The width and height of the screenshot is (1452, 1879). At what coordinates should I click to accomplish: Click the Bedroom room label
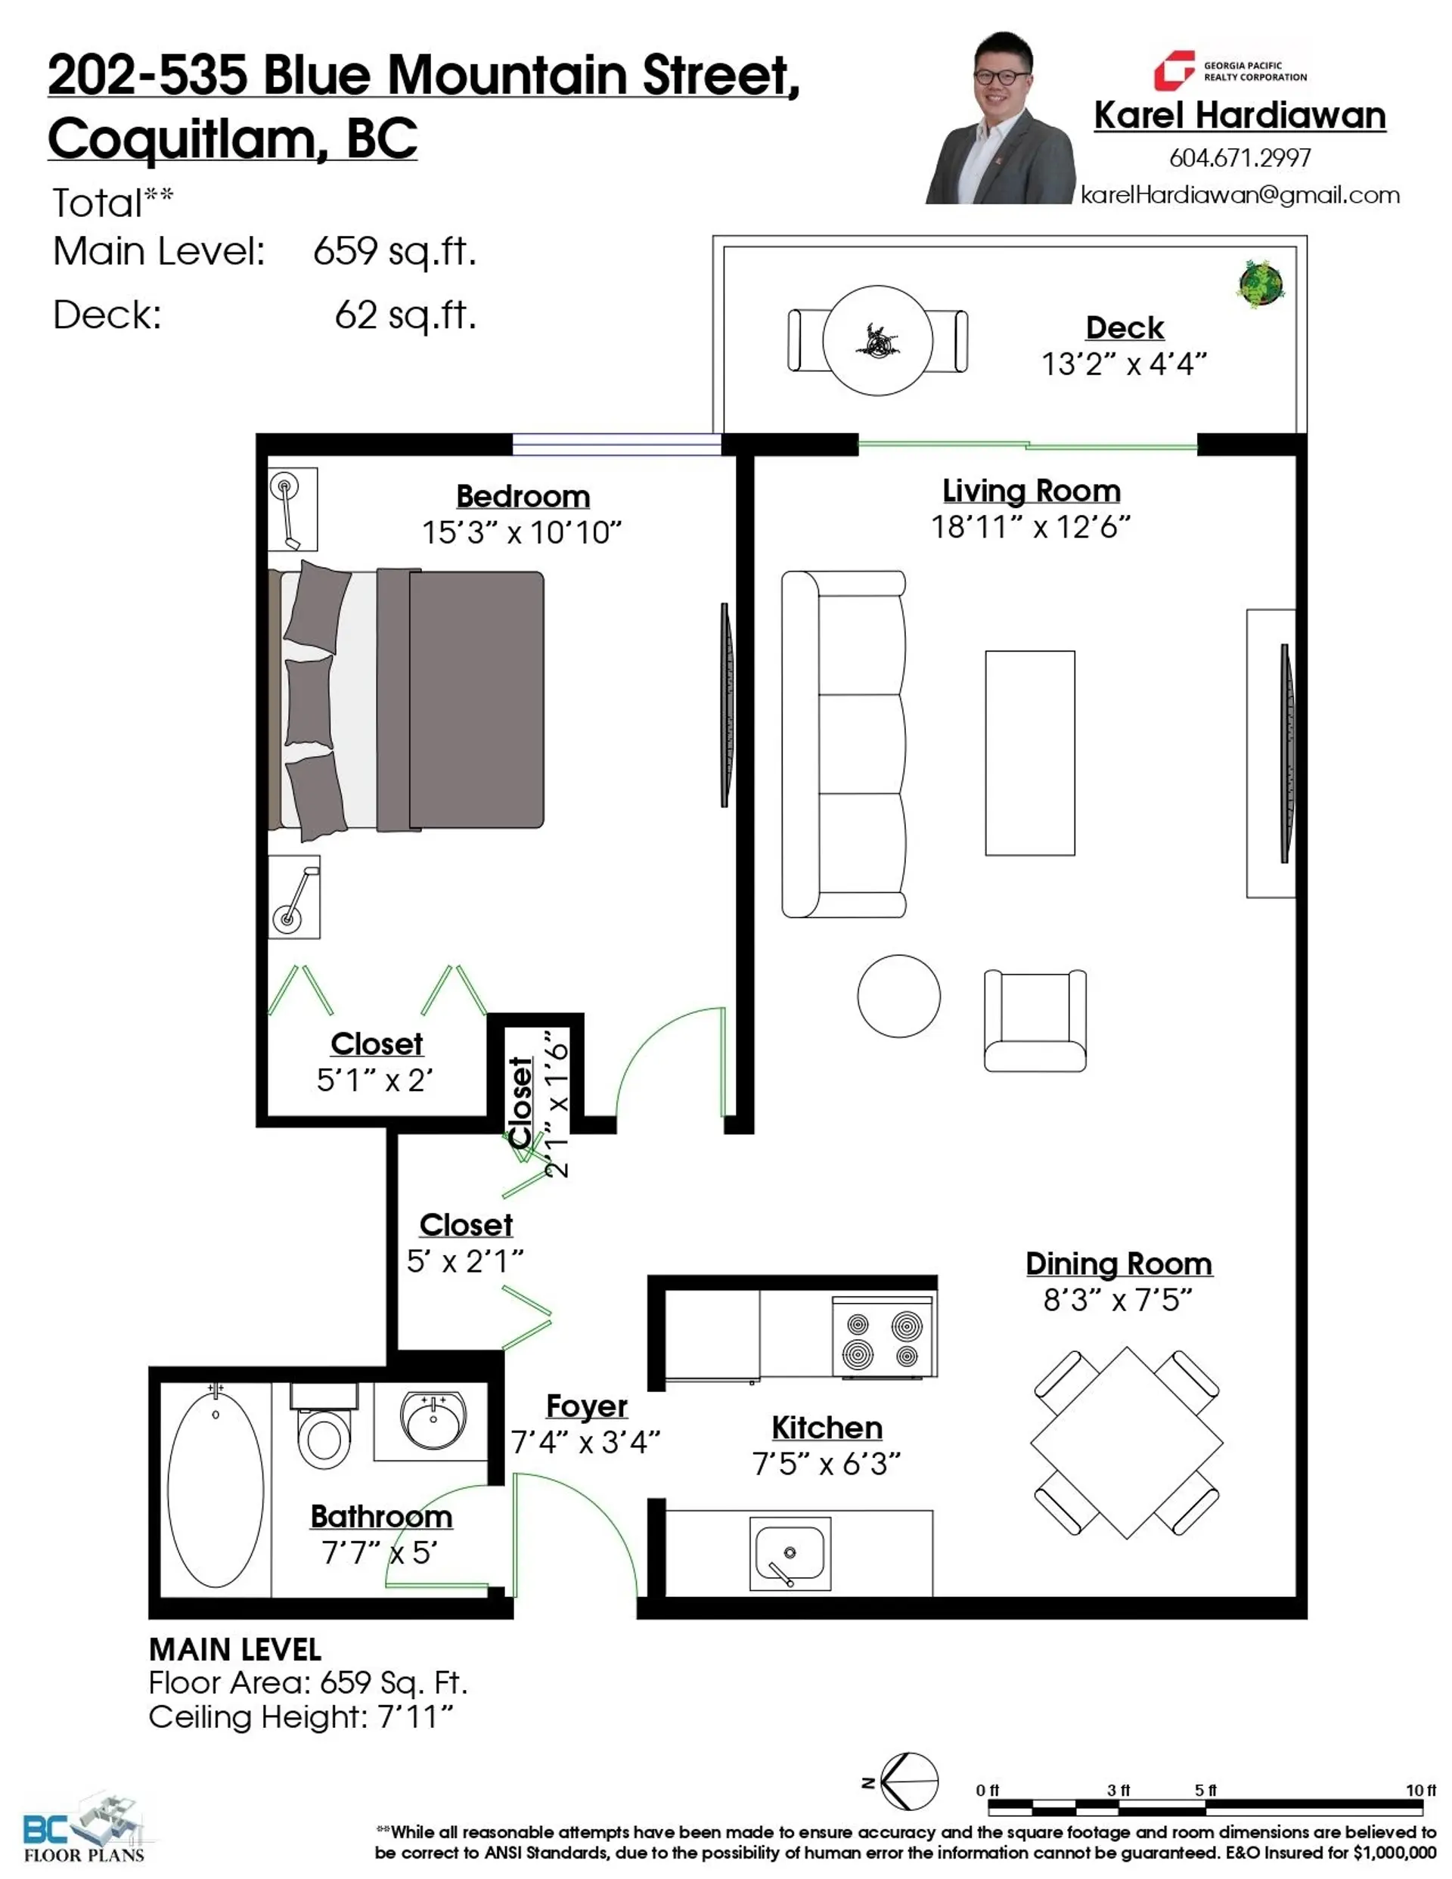coord(523,497)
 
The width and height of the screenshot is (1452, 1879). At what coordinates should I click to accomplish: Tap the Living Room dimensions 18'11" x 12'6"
coord(1030,526)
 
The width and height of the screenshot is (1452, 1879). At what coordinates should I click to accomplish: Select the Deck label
coord(1124,328)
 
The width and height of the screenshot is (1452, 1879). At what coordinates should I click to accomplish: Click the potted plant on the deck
coord(1261,283)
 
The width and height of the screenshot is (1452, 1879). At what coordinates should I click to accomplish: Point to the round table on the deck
coord(877,341)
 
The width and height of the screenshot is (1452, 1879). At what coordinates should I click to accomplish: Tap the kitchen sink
coord(790,1553)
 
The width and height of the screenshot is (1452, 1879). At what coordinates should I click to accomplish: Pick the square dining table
coord(1126,1443)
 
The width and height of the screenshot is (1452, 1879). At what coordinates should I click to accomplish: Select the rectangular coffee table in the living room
coord(1029,753)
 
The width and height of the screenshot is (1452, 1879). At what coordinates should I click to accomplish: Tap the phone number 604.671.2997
coord(1239,157)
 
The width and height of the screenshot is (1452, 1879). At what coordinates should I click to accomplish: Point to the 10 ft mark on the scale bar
coord(1420,1791)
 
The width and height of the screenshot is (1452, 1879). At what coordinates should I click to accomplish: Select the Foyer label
coord(586,1406)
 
